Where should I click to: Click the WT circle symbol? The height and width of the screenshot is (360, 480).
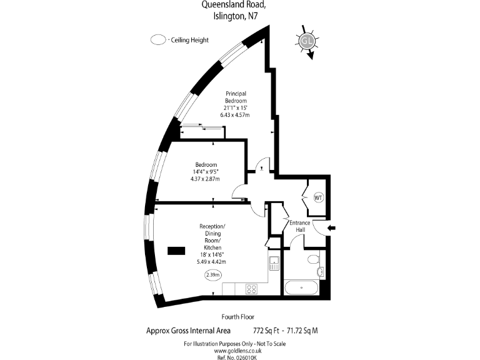[318, 197]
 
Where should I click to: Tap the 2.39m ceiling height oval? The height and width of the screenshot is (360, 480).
[212, 275]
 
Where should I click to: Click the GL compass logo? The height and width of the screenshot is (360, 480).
[307, 41]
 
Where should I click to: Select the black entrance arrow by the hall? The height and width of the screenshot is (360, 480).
[331, 227]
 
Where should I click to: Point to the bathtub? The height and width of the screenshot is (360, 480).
[301, 287]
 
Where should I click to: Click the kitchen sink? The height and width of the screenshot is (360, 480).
[274, 263]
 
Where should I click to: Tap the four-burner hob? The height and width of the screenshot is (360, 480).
[252, 289]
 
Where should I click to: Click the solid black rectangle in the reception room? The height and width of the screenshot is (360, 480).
[176, 251]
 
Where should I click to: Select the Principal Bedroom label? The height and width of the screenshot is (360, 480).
[236, 97]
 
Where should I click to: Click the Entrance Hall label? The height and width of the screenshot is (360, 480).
[300, 226]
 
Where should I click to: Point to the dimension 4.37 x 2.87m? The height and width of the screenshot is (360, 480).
[205, 179]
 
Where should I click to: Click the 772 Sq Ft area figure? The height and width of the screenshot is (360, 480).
[266, 331]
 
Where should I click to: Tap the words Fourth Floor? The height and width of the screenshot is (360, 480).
[238, 317]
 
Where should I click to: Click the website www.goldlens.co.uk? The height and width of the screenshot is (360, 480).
[237, 351]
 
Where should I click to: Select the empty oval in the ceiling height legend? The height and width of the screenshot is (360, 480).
[158, 40]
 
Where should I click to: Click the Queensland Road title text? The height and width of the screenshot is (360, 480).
[232, 4]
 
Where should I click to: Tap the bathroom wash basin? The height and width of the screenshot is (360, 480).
[321, 271]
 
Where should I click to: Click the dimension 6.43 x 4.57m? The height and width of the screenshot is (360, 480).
[235, 115]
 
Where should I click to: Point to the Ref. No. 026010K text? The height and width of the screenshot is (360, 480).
[236, 357]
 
